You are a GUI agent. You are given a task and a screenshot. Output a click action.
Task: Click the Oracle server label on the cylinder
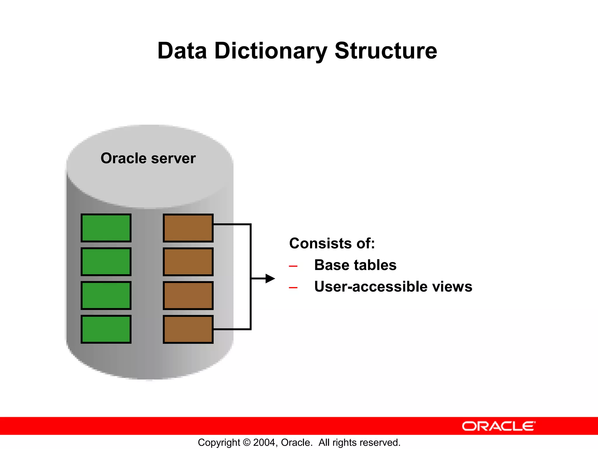coord(148,158)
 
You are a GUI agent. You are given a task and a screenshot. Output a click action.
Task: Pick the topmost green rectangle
coord(106,228)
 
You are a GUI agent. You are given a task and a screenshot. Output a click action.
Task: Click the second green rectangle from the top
coord(106,262)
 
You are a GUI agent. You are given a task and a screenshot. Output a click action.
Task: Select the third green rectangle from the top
coord(106,296)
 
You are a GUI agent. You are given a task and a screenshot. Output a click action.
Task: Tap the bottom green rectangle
coord(106,329)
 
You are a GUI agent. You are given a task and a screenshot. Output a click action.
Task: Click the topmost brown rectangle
coord(188,228)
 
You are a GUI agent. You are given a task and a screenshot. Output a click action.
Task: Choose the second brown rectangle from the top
coord(188,262)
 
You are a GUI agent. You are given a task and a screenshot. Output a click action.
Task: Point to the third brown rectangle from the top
coord(188,296)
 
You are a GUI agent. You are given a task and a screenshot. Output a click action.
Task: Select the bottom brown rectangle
coord(188,329)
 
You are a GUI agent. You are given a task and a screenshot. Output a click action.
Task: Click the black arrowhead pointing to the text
coord(270,279)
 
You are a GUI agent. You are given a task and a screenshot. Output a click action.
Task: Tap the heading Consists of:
coord(332,243)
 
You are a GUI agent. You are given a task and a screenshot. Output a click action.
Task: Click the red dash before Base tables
coord(293,266)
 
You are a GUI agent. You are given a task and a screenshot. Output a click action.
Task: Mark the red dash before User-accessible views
coord(293,288)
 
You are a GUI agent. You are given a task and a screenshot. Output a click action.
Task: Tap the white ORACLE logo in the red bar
coord(499,426)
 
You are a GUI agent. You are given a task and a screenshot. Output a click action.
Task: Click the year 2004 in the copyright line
coord(264,443)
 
